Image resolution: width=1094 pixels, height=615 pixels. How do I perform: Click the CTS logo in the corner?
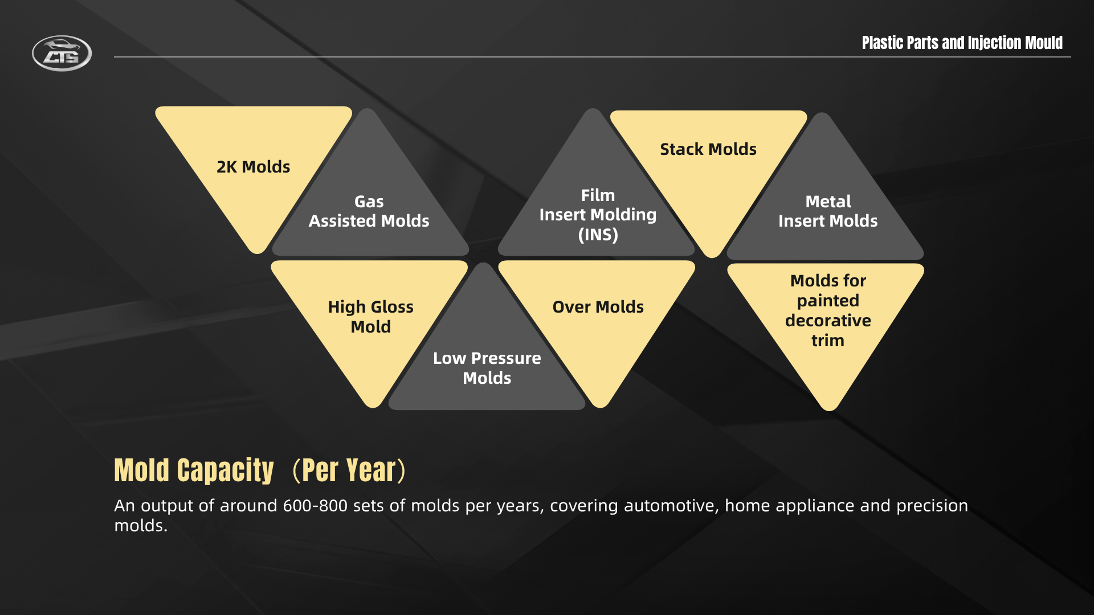click(62, 54)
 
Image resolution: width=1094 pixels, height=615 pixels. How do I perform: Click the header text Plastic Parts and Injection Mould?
click(962, 43)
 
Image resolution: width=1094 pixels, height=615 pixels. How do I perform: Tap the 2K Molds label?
click(253, 167)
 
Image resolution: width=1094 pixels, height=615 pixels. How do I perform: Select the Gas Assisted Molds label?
click(369, 211)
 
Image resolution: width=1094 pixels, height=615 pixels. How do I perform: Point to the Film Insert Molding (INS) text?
click(598, 215)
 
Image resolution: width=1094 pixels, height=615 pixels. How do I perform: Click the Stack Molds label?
click(708, 149)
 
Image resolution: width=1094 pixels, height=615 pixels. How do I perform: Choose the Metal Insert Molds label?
click(828, 211)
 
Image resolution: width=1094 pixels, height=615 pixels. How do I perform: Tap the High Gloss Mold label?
click(370, 317)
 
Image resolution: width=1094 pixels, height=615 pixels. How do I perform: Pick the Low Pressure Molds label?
click(487, 368)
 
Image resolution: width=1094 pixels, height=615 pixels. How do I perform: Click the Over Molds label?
click(598, 307)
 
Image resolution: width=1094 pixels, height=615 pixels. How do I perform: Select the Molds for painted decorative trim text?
click(828, 310)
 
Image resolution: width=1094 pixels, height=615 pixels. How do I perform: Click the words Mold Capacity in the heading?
click(194, 470)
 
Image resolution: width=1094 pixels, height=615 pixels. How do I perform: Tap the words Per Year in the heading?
click(349, 470)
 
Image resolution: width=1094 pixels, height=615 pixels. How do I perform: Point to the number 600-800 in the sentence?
click(315, 506)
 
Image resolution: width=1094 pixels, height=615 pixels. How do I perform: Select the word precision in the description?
click(932, 506)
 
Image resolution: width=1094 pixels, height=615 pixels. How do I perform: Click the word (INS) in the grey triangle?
click(598, 235)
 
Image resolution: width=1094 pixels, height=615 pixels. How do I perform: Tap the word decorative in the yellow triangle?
click(828, 321)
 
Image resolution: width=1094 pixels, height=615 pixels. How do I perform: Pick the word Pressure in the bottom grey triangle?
click(506, 358)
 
